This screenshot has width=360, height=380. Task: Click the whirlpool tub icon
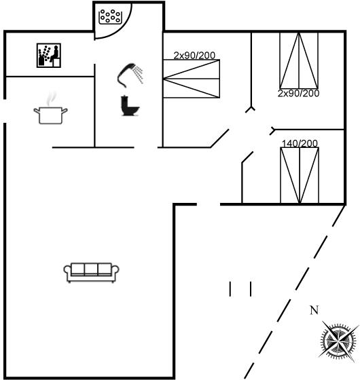[109, 17]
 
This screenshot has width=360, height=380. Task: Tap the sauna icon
[48, 55]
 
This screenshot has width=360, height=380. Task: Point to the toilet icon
[130, 106]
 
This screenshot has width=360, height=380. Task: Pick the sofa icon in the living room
[92, 273]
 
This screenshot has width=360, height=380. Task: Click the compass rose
[338, 341]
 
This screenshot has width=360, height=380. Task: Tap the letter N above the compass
[314, 310]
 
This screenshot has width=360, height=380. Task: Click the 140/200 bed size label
[300, 143]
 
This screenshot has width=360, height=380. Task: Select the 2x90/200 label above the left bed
[194, 56]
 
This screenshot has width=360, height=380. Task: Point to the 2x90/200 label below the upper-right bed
[298, 94]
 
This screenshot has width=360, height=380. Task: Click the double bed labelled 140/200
[300, 175]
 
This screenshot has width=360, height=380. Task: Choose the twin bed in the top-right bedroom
[299, 60]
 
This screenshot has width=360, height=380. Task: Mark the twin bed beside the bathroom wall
[192, 79]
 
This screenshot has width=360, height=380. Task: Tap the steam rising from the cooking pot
[52, 99]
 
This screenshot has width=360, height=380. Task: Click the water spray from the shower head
[139, 74]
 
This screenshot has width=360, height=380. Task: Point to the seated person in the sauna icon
[55, 54]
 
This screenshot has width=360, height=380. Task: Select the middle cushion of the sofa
[91, 269]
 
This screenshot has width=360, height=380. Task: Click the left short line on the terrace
[230, 289]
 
